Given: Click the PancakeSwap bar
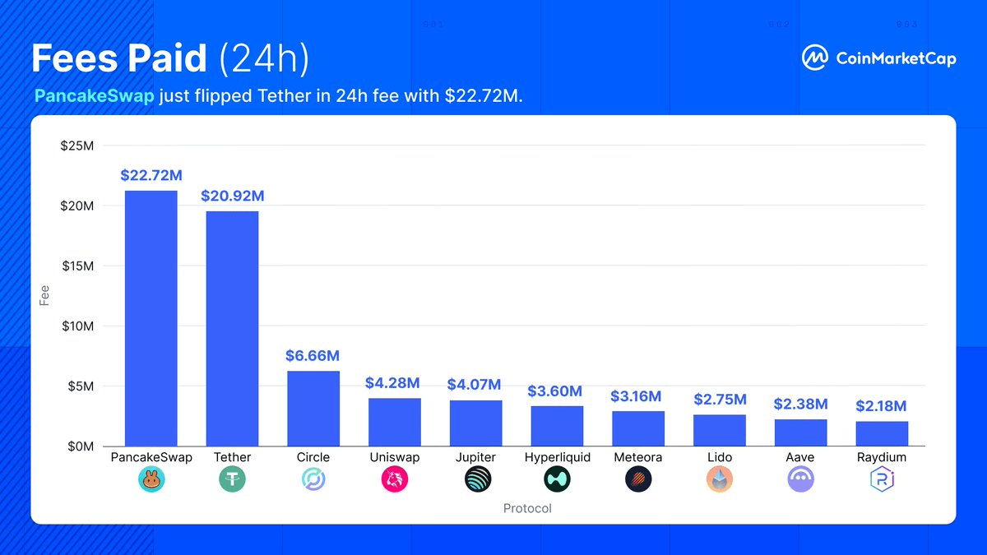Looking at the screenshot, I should coord(151,318).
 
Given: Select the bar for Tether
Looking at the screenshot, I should coord(232,329).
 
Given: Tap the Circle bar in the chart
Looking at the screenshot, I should coord(313,409).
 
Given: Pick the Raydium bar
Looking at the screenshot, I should coord(882,433).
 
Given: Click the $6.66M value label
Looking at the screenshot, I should coord(313,356).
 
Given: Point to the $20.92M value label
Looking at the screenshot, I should coord(233,196).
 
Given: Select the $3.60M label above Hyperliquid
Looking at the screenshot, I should coord(554,391).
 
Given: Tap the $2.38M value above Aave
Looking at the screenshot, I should coord(800,404).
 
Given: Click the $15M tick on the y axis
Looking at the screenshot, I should coord(77,266).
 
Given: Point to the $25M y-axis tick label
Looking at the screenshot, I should coord(77,146).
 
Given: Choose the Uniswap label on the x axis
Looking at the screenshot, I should coord(394,457).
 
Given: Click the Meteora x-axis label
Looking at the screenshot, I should coord(637,457).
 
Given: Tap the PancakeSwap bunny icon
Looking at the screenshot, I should coord(151,479).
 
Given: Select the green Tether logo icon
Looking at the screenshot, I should coord(232,479).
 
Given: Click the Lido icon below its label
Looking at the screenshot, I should coord(719,479).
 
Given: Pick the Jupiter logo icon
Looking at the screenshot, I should coord(476,479).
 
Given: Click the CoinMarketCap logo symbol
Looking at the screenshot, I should coord(815,58).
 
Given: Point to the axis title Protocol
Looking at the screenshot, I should coord(527,508).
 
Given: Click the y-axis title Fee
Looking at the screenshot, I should coord(45,295).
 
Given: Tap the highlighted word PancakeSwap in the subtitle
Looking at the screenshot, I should coord(95,96).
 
